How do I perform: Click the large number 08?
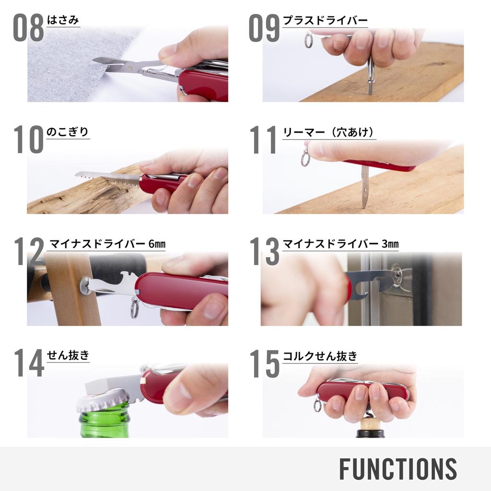pyautogui.click(x=28, y=28)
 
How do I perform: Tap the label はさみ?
pyautogui.click(x=63, y=20)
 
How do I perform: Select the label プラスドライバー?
pyautogui.click(x=325, y=21)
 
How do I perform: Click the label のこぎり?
pyautogui.click(x=68, y=132)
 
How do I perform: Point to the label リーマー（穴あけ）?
pyautogui.click(x=329, y=132)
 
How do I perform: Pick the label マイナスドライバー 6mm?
pyautogui.click(x=107, y=244)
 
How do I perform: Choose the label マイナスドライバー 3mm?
pyautogui.click(x=340, y=244)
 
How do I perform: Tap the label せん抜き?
pyautogui.click(x=68, y=355)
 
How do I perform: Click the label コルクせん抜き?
pyautogui.click(x=320, y=356)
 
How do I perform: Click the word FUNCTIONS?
pyautogui.click(x=398, y=468)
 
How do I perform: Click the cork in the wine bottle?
pyautogui.click(x=371, y=424)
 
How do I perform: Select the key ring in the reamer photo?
pyautogui.click(x=305, y=158)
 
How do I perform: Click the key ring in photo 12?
pyautogui.click(x=134, y=308)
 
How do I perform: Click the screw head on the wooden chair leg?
pyautogui.click(x=84, y=286)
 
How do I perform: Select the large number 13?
pyautogui.click(x=264, y=251)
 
